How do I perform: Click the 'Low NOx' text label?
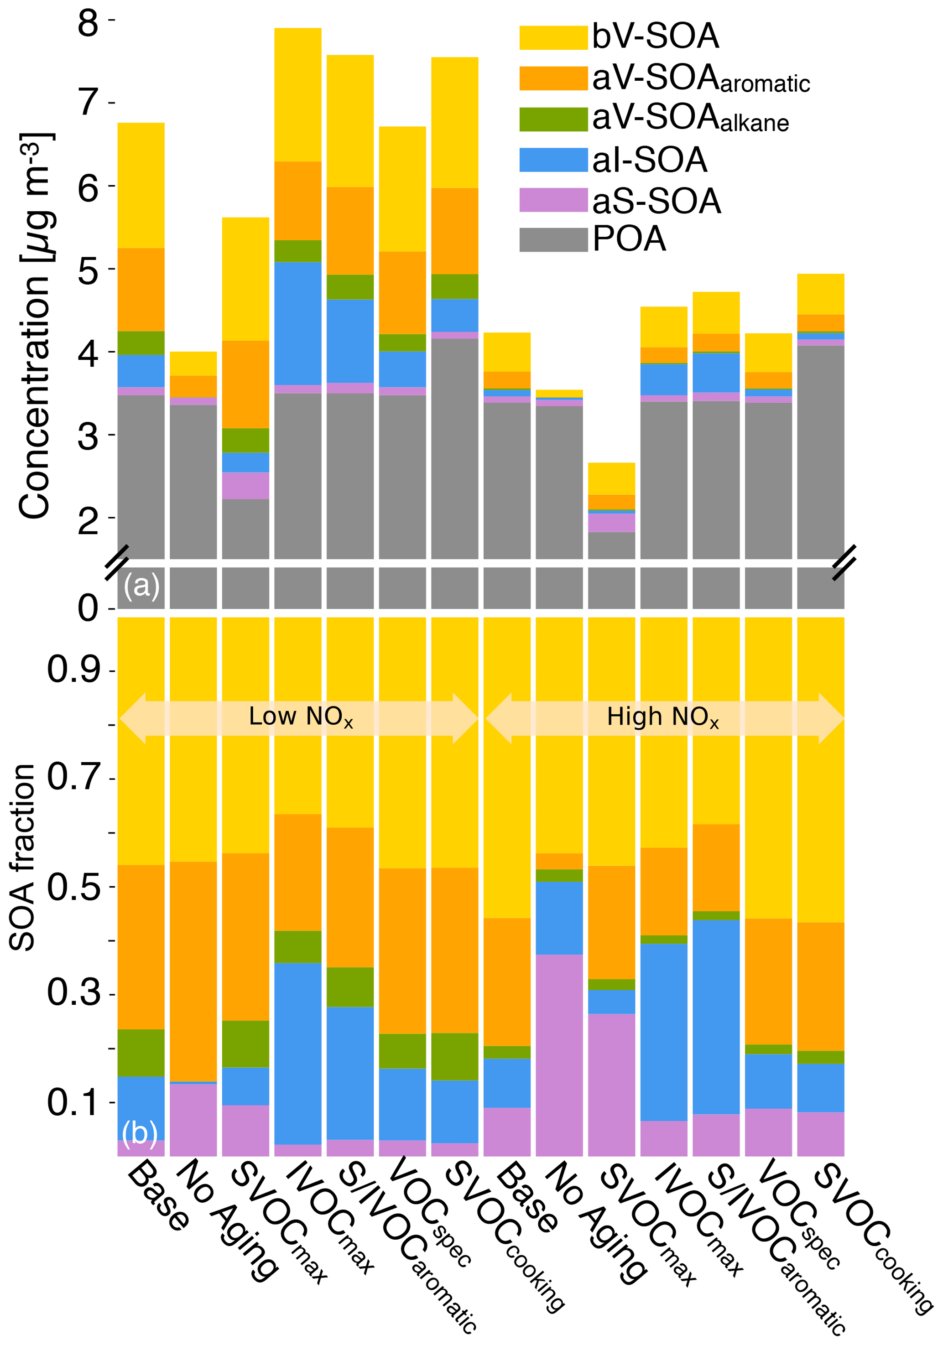(300, 717)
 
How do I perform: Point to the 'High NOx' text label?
(662, 717)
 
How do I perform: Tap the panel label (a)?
(141, 586)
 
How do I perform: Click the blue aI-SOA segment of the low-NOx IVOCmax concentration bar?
(298, 323)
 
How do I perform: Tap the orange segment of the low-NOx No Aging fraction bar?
(193, 971)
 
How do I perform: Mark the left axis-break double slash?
(117, 562)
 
